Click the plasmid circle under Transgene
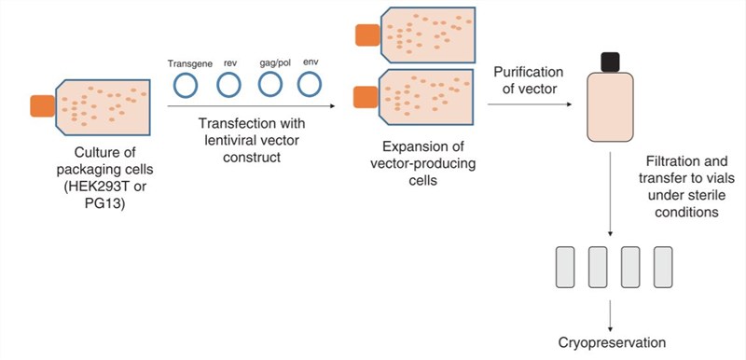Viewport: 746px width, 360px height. (x=186, y=86)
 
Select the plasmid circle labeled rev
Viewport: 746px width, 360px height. (x=228, y=86)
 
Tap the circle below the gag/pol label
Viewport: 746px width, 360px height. (x=270, y=86)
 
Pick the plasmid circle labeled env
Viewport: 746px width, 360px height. (x=311, y=86)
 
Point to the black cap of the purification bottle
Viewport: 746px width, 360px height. (x=611, y=62)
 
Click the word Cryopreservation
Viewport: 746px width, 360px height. (x=612, y=341)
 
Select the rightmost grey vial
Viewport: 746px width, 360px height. (x=663, y=267)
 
